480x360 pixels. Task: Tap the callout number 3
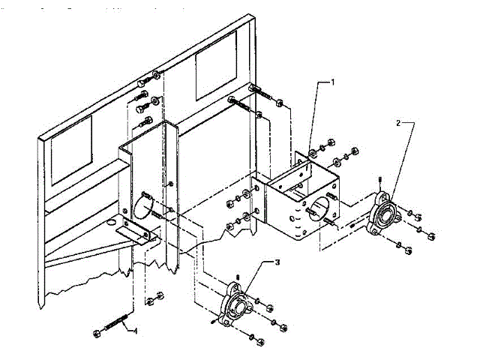277,262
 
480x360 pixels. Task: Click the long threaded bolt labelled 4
112,328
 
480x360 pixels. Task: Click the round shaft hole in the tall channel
146,201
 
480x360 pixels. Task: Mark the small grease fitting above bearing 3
237,277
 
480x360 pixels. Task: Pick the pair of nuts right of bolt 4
154,297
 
